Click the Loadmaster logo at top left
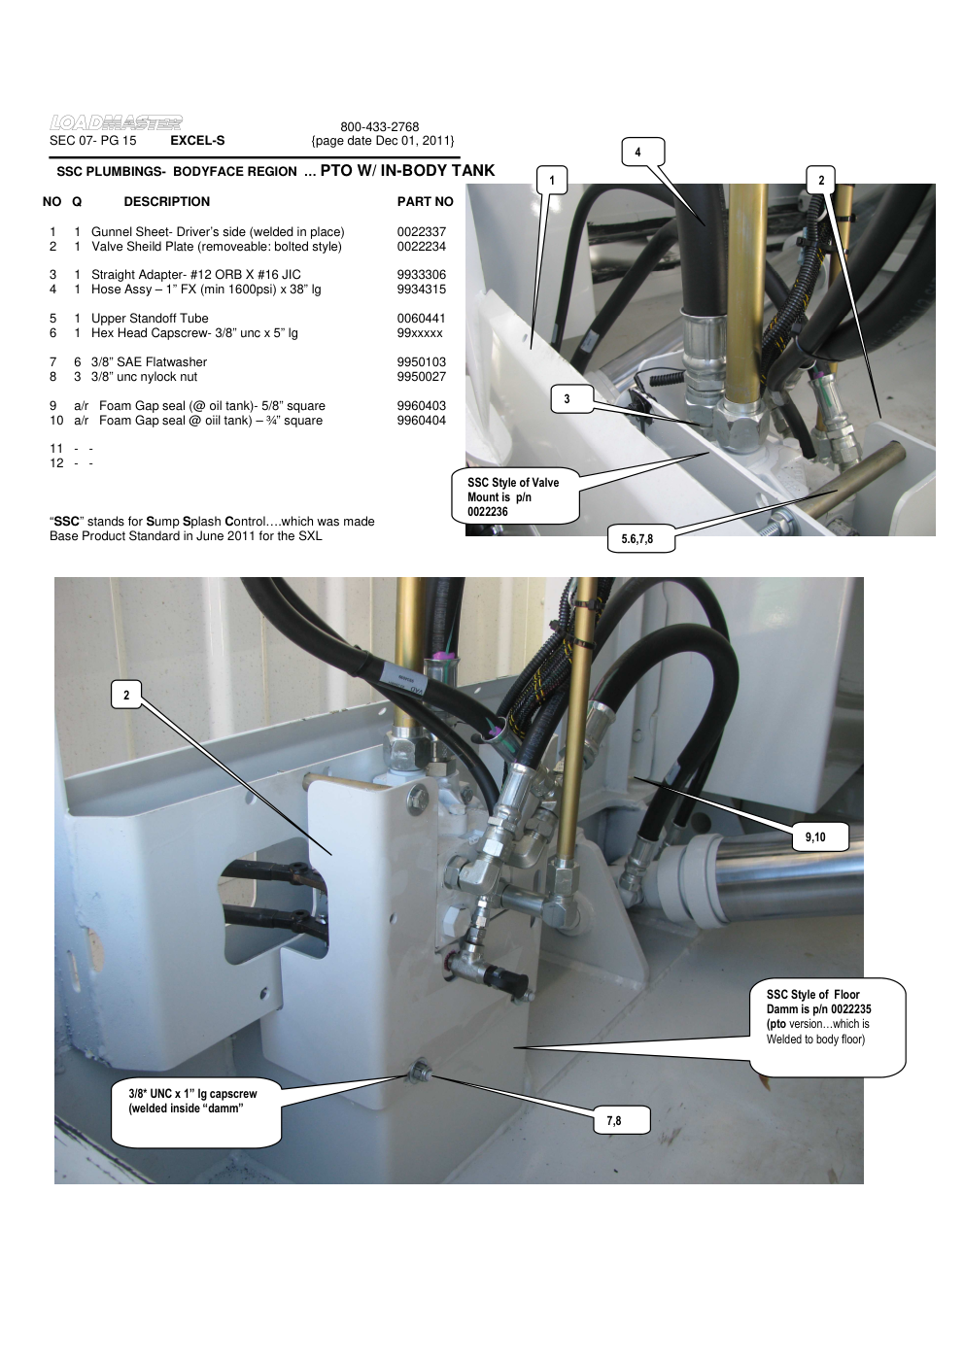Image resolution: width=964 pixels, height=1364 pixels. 116,122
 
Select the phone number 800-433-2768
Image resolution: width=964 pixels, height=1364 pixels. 379,127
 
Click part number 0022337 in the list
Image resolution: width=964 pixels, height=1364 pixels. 421,232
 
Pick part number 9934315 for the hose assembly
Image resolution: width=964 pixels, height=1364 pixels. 421,290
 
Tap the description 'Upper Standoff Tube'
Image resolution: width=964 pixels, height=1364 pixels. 150,319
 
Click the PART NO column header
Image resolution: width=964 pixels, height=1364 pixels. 425,202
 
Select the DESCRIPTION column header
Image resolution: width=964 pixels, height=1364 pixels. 166,202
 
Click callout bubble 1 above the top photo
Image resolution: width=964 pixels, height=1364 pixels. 552,180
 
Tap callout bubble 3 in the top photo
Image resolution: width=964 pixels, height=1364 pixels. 568,398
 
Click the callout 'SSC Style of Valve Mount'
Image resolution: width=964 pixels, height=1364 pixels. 515,496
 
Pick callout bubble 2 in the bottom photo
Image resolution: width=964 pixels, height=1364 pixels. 126,695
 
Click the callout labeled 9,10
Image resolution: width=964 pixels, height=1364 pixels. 814,837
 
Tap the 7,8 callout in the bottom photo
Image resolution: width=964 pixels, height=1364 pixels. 614,1121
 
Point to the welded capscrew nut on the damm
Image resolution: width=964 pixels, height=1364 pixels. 421,1073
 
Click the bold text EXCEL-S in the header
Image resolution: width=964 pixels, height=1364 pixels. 197,141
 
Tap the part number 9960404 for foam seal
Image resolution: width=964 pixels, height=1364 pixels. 421,421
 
